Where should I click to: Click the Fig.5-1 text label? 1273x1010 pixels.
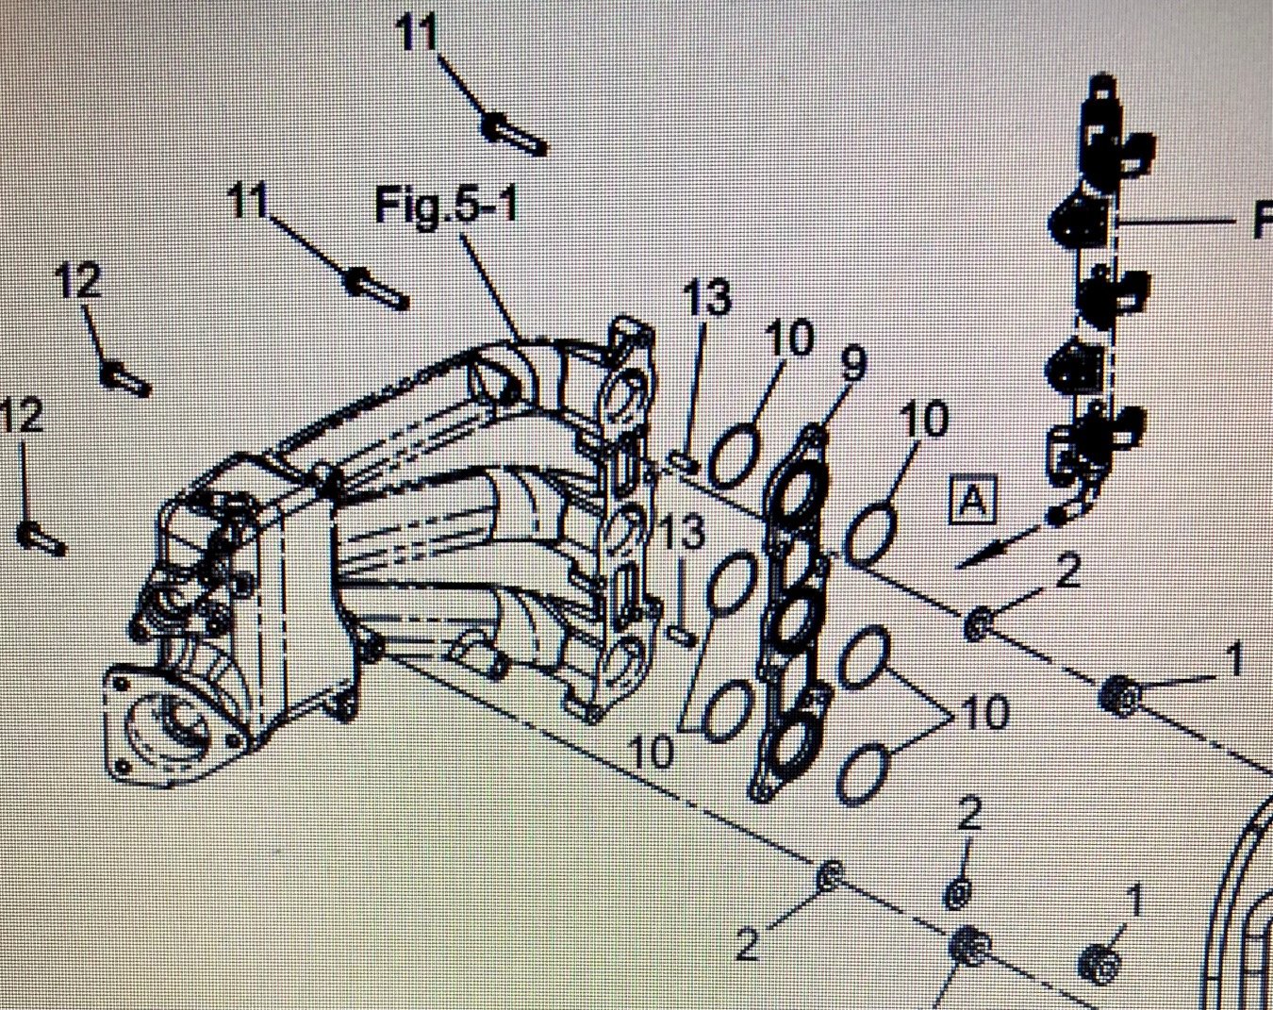click(446, 204)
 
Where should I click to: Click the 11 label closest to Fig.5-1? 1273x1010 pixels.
click(249, 200)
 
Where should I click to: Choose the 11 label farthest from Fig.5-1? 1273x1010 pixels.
click(416, 35)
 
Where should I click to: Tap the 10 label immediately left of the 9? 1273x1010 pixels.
click(788, 337)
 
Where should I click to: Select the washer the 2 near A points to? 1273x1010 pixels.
click(978, 622)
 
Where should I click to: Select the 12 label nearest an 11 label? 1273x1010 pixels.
click(79, 280)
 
